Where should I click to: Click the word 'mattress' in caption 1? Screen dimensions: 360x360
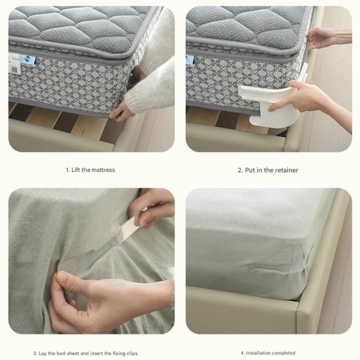[x=103, y=170]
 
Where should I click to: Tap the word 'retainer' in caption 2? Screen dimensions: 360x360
[x=286, y=170]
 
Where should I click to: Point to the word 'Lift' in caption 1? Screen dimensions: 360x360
[x=75, y=170]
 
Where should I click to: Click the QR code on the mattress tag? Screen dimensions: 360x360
[x=14, y=69]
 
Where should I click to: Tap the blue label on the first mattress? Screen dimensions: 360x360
[x=27, y=60]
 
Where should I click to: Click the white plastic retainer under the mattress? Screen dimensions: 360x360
[x=271, y=101]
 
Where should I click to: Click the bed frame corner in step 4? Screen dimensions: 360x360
[x=298, y=307]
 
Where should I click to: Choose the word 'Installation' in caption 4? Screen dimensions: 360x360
[x=258, y=353]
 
